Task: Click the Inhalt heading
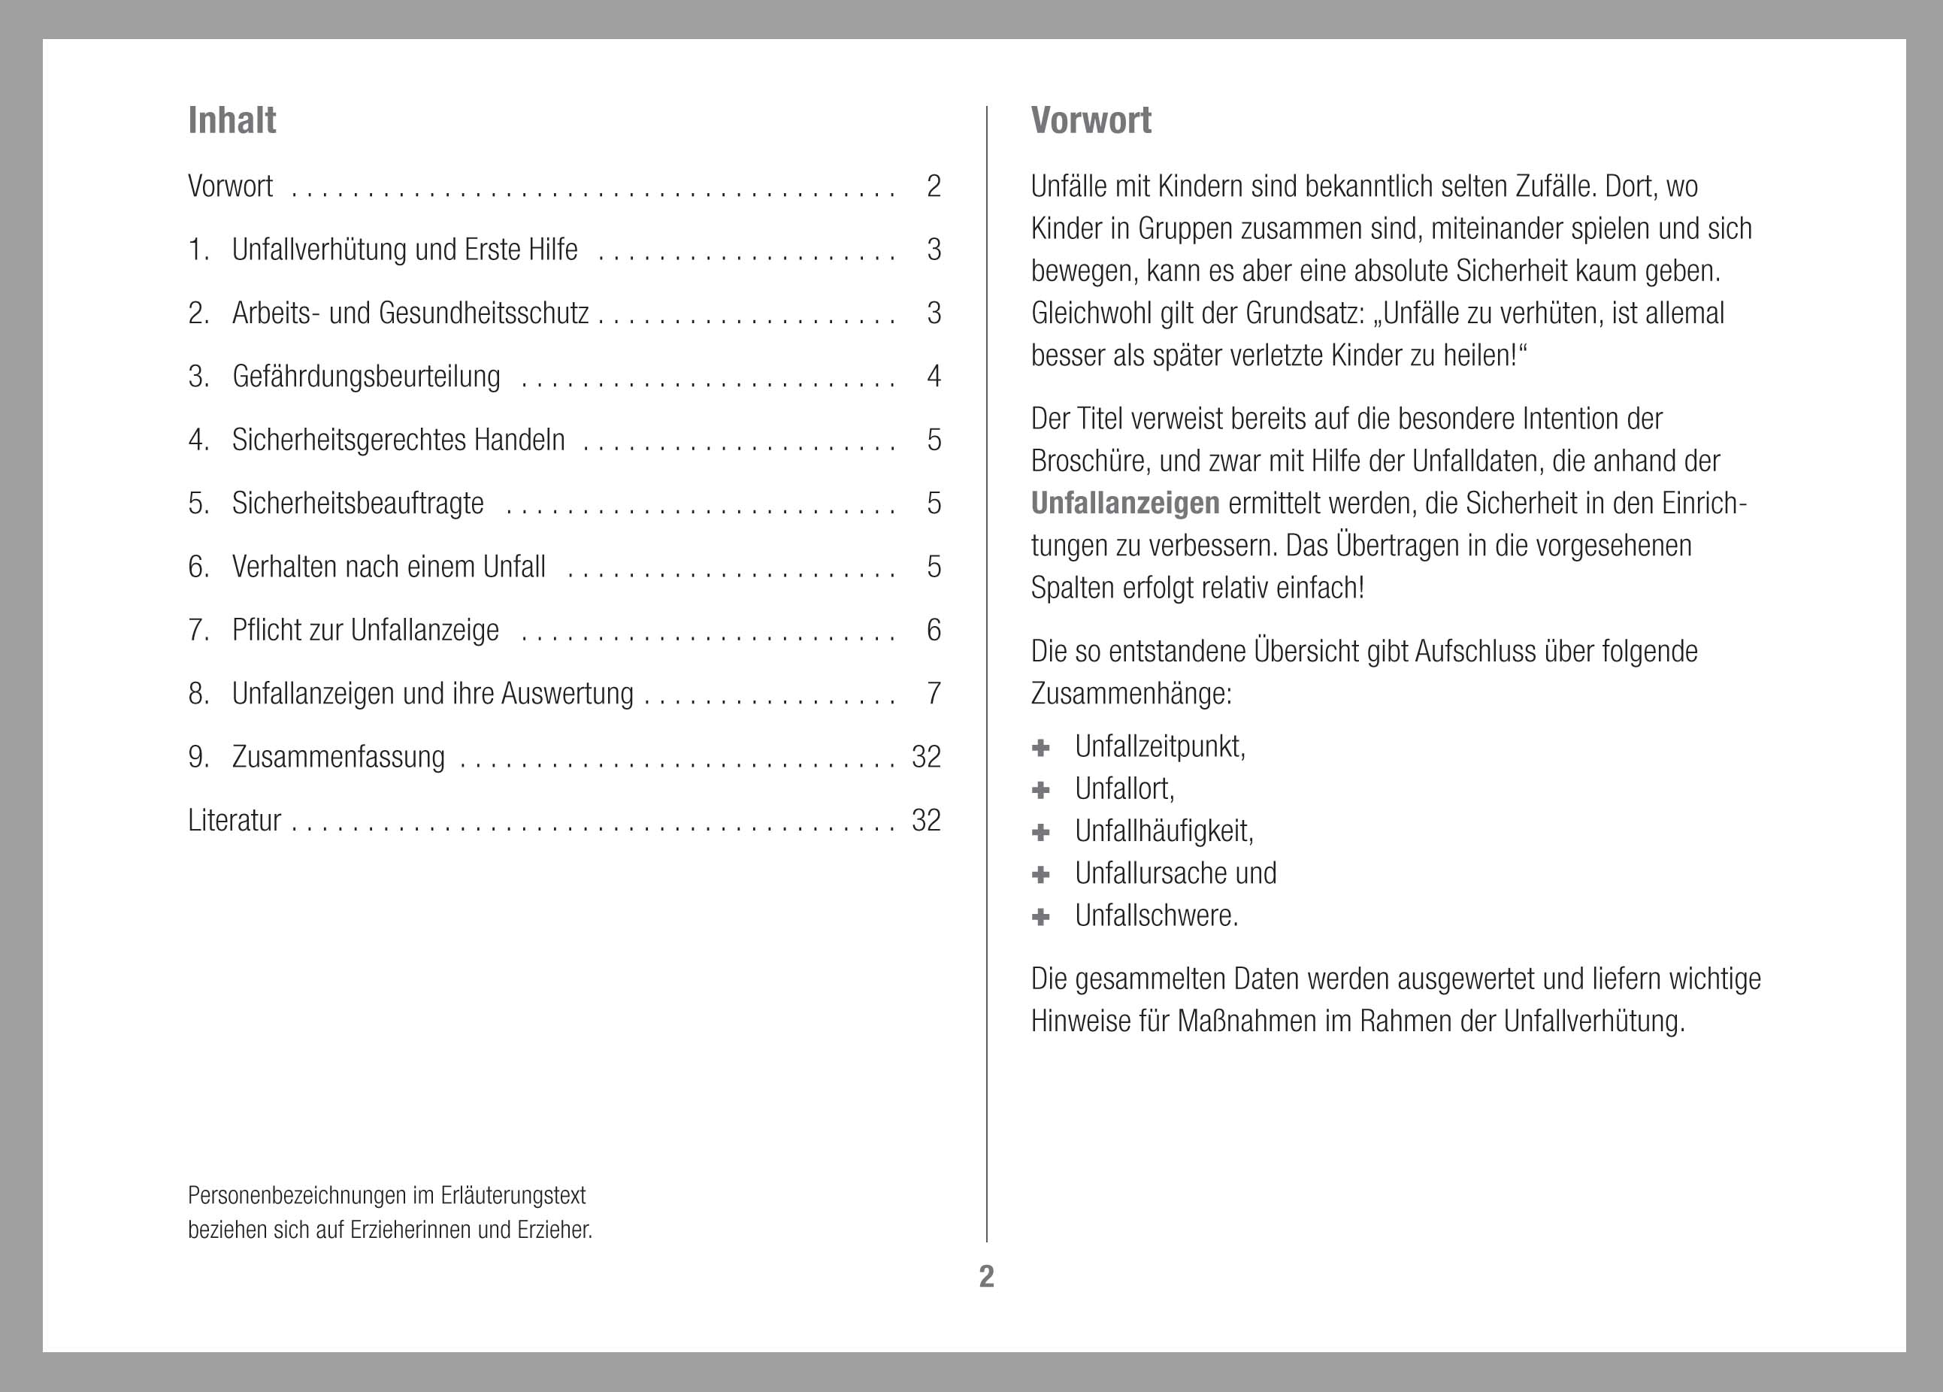232,121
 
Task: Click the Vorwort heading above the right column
1091,121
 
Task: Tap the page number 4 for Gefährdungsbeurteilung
933,376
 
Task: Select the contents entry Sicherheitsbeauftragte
357,503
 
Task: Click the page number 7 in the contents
933,693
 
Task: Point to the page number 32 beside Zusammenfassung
925,756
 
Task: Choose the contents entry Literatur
234,820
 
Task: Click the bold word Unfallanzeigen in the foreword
1125,503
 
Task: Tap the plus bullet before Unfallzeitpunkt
1041,748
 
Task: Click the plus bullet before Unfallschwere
1041,916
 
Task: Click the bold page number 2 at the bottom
986,1276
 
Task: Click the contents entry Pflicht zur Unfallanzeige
365,630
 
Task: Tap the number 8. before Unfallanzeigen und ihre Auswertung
198,693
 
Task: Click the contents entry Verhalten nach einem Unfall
388,566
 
